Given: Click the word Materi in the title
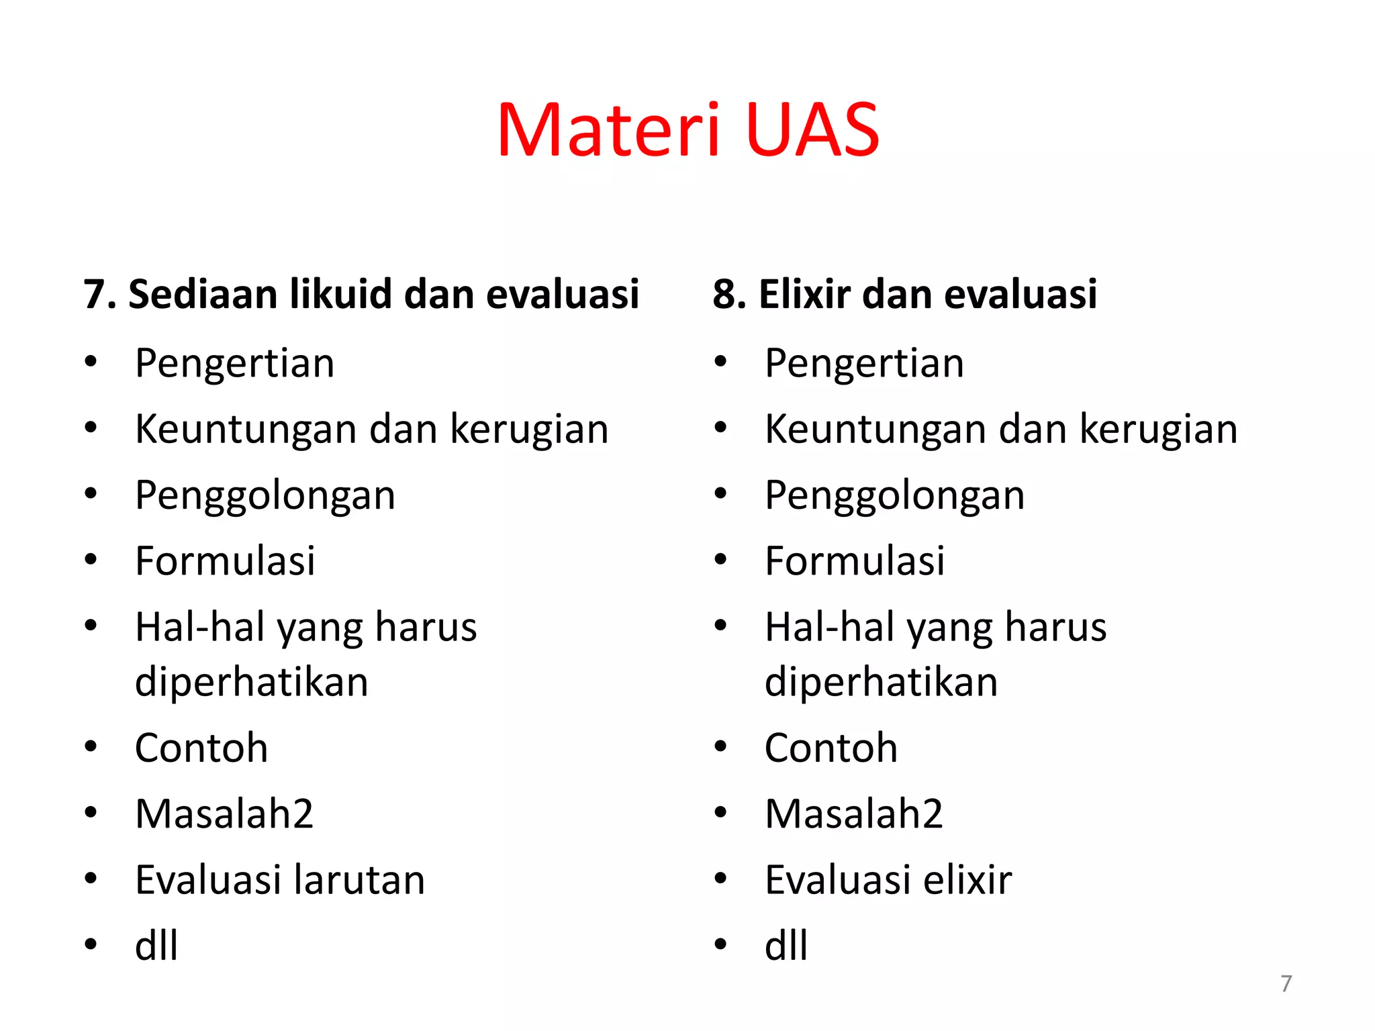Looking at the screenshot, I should (x=608, y=131).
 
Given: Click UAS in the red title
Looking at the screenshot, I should (x=812, y=131).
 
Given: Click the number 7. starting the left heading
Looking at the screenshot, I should (x=100, y=294).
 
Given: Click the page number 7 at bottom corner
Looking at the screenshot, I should (x=1286, y=983).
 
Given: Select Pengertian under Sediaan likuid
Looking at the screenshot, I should (x=234, y=364).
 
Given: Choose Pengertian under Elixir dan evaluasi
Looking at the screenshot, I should (x=864, y=364).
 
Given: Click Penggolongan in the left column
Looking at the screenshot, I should (x=265, y=496).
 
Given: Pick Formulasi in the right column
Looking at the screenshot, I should (x=855, y=561).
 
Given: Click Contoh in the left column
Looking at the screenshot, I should (x=201, y=748).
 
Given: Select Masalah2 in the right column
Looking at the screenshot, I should (x=854, y=814).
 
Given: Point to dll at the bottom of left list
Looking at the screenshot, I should (x=156, y=946).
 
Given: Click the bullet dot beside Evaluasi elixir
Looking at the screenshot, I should (x=721, y=878).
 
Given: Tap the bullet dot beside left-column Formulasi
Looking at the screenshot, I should (x=91, y=560).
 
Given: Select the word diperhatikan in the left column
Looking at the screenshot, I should (x=252, y=683).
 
